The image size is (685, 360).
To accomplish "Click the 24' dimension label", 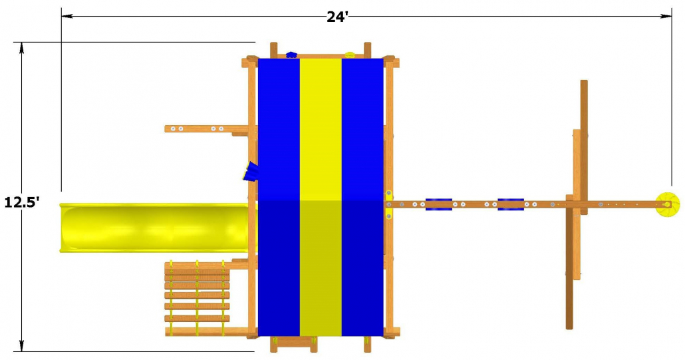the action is click(337, 17).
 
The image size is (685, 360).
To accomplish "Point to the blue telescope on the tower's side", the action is click(251, 171).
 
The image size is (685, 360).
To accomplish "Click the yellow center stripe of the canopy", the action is click(321, 197).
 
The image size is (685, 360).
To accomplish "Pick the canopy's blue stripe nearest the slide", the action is click(279, 197).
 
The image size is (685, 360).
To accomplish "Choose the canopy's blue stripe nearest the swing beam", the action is click(362, 197).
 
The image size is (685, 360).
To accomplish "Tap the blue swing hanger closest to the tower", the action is click(439, 204).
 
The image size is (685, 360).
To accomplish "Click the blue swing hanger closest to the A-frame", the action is click(511, 204).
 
